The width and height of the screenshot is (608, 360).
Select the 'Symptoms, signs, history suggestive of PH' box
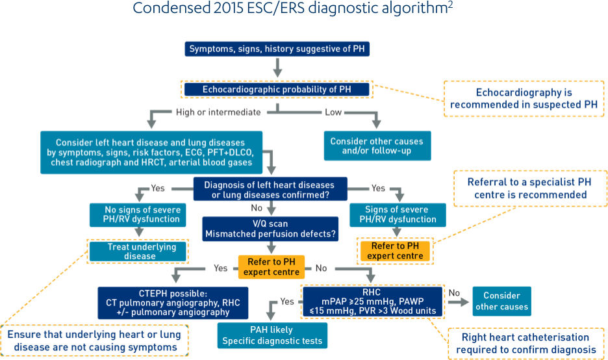point(278,49)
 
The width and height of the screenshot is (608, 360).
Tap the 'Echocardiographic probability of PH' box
point(277,89)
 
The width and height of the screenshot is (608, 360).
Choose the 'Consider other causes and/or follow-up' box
point(376,146)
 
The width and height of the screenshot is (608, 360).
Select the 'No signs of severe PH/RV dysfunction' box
point(142,214)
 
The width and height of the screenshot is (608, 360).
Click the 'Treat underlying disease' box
point(138,251)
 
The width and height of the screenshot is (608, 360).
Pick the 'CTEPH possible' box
point(164,302)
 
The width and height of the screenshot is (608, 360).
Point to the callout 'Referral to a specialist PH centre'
point(526,188)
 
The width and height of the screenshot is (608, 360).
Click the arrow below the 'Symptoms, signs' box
point(277,67)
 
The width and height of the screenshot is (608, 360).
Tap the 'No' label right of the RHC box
point(455,293)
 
